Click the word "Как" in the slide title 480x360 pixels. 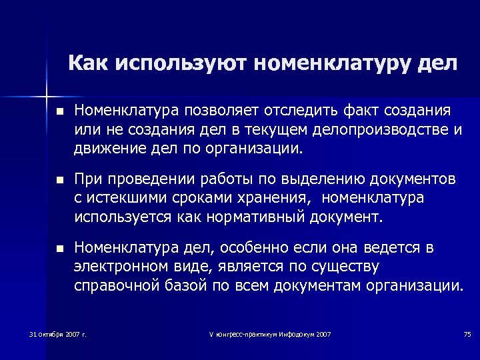(x=89, y=64)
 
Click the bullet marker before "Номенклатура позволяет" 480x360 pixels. (x=59, y=111)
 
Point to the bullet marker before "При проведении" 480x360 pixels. (x=59, y=181)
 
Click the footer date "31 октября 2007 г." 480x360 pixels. (x=58, y=333)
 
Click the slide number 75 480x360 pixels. (x=467, y=333)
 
